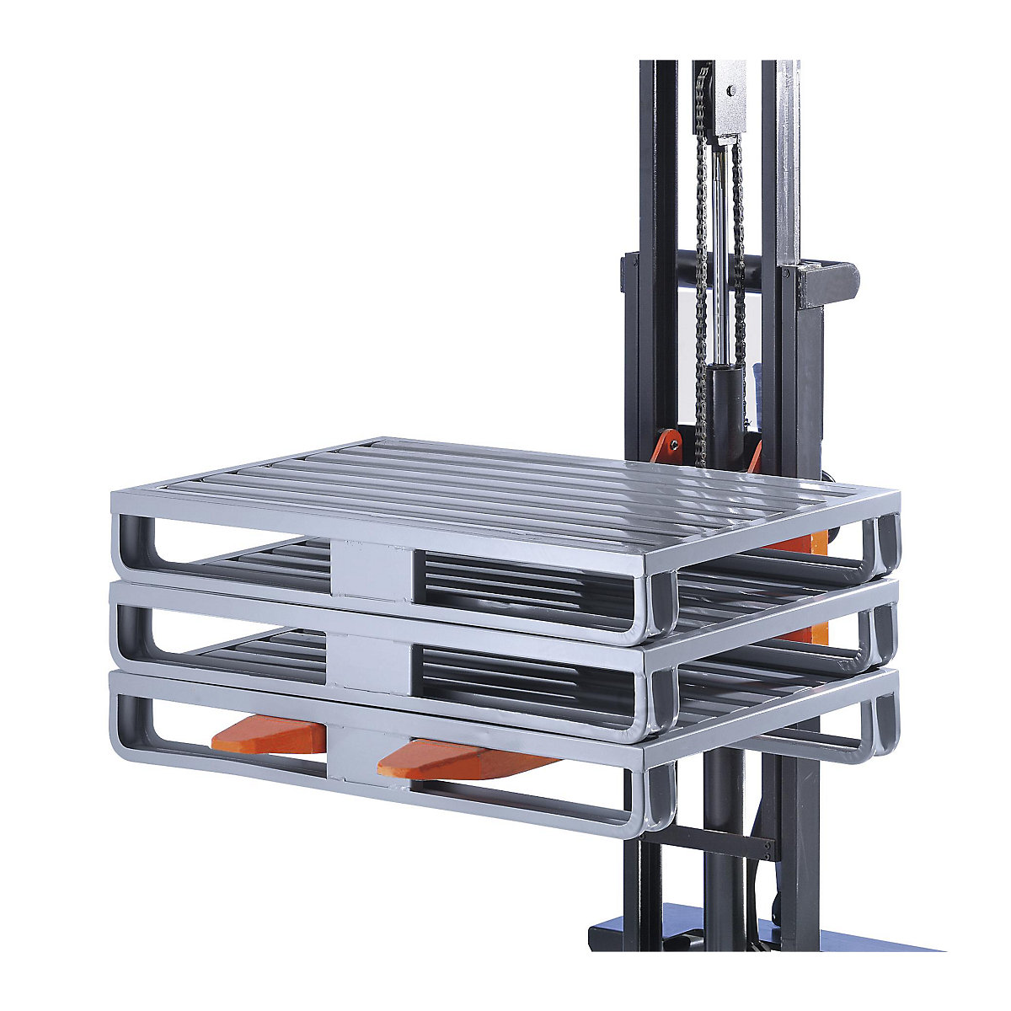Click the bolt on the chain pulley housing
[731, 90]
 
